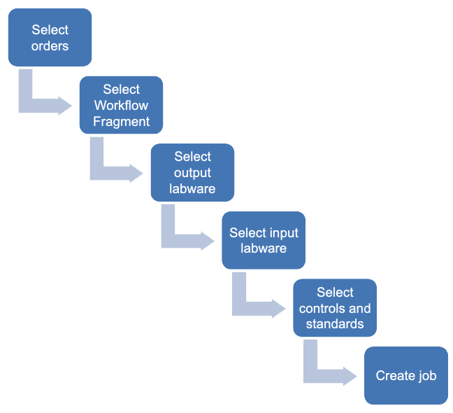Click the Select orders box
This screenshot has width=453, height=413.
click(x=50, y=38)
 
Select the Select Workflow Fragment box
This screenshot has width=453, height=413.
click(x=121, y=105)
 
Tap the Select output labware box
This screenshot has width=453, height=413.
click(x=192, y=172)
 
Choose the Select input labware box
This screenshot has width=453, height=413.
click(x=264, y=240)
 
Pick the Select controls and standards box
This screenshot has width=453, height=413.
click(x=335, y=308)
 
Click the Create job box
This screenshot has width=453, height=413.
click(x=406, y=375)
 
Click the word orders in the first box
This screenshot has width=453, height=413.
click(x=50, y=46)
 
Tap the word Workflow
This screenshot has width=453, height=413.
click(x=121, y=106)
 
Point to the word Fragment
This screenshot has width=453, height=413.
click(x=121, y=121)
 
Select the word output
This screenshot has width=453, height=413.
click(x=192, y=173)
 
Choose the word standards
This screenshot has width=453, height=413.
click(x=335, y=324)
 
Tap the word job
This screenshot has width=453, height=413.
click(x=427, y=376)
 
